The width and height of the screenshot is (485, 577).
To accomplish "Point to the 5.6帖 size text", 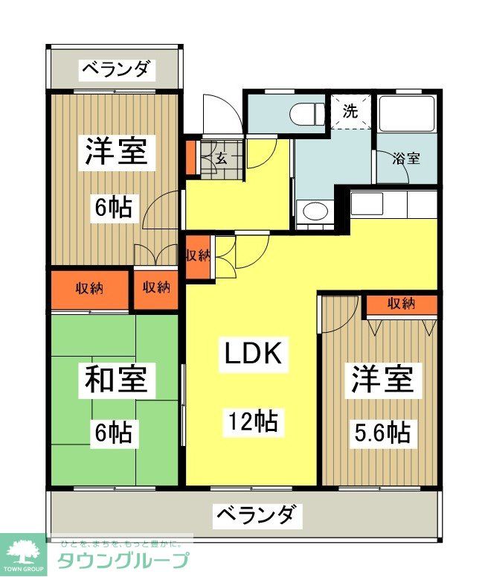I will click(382, 432).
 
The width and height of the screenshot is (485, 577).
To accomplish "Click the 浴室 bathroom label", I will click(405, 159).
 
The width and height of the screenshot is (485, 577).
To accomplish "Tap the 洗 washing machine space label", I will click(350, 112).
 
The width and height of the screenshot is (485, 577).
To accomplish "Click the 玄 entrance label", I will click(222, 157).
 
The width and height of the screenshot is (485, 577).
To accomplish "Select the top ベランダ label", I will click(116, 70).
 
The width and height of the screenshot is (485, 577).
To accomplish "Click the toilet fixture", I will click(305, 113).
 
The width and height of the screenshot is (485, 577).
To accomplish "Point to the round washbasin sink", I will click(315, 211).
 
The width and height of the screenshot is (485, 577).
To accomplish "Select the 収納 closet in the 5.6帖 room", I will click(401, 304).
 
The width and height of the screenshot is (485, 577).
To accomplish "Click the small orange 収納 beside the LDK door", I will click(198, 255).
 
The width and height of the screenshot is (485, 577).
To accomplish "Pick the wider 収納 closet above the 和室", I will click(89, 288).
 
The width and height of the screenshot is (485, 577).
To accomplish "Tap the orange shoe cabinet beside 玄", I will click(190, 157).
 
